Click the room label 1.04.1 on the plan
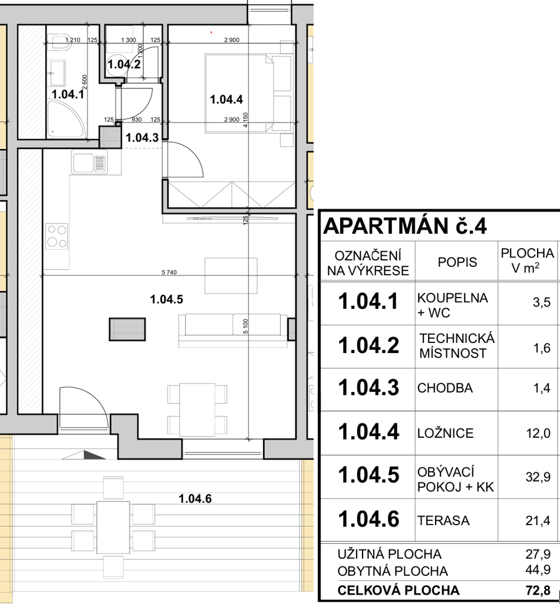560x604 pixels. point(68,94)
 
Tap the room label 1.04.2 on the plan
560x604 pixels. point(124,64)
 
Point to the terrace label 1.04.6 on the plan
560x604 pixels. point(195,499)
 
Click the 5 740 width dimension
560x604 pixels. point(169,272)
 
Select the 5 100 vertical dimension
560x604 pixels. point(246,326)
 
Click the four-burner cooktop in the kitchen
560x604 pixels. point(57,236)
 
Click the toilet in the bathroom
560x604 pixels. point(61,42)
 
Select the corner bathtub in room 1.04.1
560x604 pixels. point(65,118)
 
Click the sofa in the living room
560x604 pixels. point(233,330)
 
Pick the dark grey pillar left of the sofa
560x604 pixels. point(127,329)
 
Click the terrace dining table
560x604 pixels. point(113,527)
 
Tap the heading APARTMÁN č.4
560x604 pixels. point(405,226)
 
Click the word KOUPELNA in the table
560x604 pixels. point(453,298)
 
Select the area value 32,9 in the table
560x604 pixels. point(538,477)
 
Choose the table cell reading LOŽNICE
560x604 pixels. point(445,433)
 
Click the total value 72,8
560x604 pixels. point(538,590)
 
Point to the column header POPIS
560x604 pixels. point(457,262)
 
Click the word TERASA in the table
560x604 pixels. point(443,521)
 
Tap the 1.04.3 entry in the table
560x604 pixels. point(368,388)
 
